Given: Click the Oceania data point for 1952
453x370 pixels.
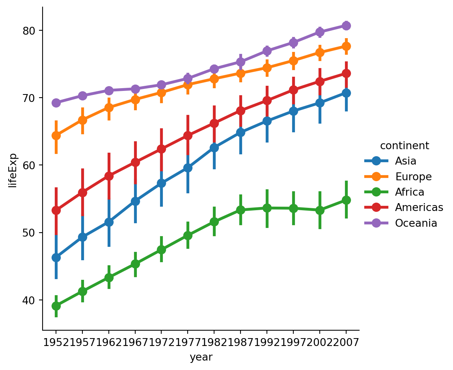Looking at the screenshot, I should [56, 103].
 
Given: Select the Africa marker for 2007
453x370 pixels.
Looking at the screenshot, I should [346, 200].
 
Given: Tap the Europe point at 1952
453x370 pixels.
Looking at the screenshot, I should [56, 135].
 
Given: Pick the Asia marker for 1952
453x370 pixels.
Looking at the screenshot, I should [56, 257].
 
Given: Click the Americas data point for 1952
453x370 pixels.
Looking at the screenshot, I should [56, 210].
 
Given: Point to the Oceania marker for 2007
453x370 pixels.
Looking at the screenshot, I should [346, 26].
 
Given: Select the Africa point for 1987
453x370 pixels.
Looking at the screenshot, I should [240, 210].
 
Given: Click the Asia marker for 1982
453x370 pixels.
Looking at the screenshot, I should [214, 148].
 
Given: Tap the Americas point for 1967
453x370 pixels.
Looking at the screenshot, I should [135, 162].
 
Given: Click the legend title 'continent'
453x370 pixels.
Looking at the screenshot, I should [404, 146].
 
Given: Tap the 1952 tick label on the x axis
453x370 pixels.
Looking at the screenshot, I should [56, 342].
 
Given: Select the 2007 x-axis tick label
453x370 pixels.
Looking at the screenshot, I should [346, 342].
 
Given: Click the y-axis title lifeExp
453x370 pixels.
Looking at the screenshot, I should [13, 170].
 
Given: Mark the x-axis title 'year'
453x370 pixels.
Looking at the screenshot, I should [201, 357].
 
